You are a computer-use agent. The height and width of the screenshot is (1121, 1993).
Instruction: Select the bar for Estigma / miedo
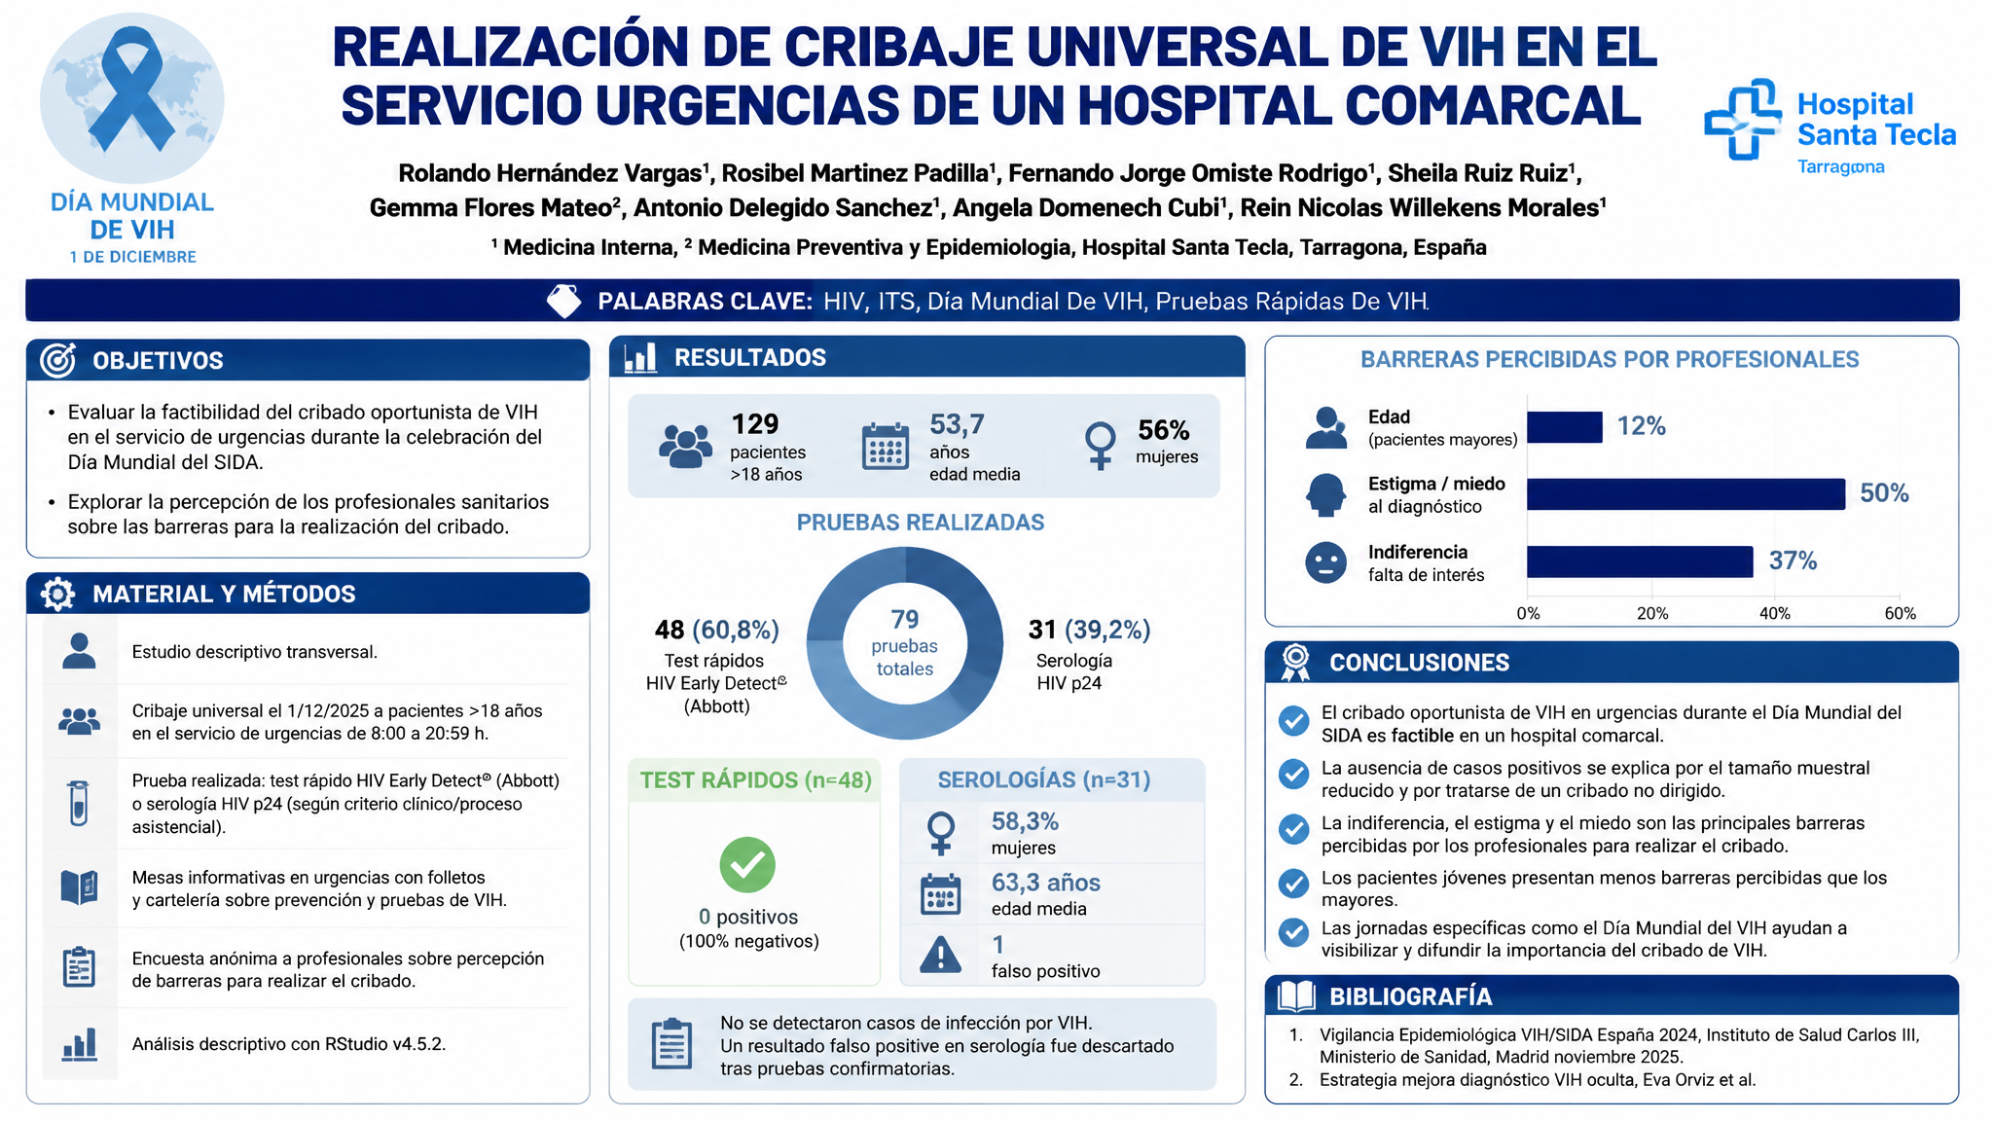point(1685,493)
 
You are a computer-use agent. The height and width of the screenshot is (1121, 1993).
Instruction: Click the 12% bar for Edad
point(1565,426)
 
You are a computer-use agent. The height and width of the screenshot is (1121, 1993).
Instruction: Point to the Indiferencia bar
point(1640,561)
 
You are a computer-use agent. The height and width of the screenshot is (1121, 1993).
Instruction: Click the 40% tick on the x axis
point(1775,613)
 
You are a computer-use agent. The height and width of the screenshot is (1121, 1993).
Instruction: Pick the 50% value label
point(1884,493)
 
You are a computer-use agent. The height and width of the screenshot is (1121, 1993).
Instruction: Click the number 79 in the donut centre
point(905,619)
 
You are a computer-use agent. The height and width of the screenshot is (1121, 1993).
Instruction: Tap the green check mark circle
point(747,864)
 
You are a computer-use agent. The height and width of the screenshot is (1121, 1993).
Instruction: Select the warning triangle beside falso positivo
point(941,955)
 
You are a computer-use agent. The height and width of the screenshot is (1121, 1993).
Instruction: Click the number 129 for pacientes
point(755,424)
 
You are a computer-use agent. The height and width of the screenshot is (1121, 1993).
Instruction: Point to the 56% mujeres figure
point(1164,430)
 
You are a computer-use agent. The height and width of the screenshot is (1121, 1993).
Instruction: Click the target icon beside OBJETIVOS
point(58,360)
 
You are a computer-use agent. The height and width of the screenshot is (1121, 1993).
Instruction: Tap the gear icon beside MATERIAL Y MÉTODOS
point(58,594)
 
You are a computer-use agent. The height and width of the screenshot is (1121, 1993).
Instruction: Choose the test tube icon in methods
point(79,803)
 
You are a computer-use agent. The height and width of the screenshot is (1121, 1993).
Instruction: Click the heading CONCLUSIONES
point(1419,663)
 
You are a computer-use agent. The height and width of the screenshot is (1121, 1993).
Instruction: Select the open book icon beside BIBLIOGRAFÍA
point(1296,995)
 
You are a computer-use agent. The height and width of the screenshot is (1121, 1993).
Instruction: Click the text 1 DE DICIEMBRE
point(132,257)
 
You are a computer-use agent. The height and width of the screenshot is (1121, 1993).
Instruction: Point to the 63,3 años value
point(1046,883)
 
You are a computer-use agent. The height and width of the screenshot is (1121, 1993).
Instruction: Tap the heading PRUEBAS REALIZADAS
point(921,523)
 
